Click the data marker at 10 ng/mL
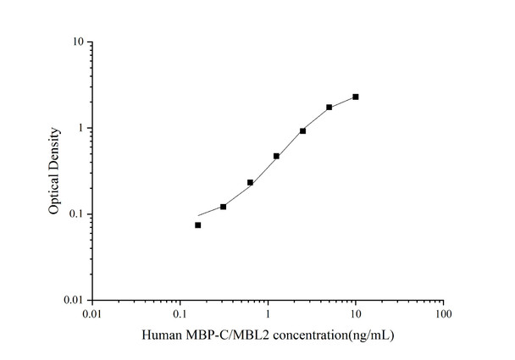[x=356, y=97]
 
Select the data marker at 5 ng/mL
[x=329, y=108]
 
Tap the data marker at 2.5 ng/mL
[x=302, y=131]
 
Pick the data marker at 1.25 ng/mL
[x=276, y=156]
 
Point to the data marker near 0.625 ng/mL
[x=250, y=182]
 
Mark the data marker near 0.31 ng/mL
[x=224, y=207]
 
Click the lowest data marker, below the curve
[x=198, y=225]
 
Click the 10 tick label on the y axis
[x=77, y=42]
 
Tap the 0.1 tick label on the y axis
[x=75, y=214]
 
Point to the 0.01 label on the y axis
[x=73, y=301]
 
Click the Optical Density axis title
[x=54, y=171]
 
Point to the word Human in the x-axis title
[x=163, y=335]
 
